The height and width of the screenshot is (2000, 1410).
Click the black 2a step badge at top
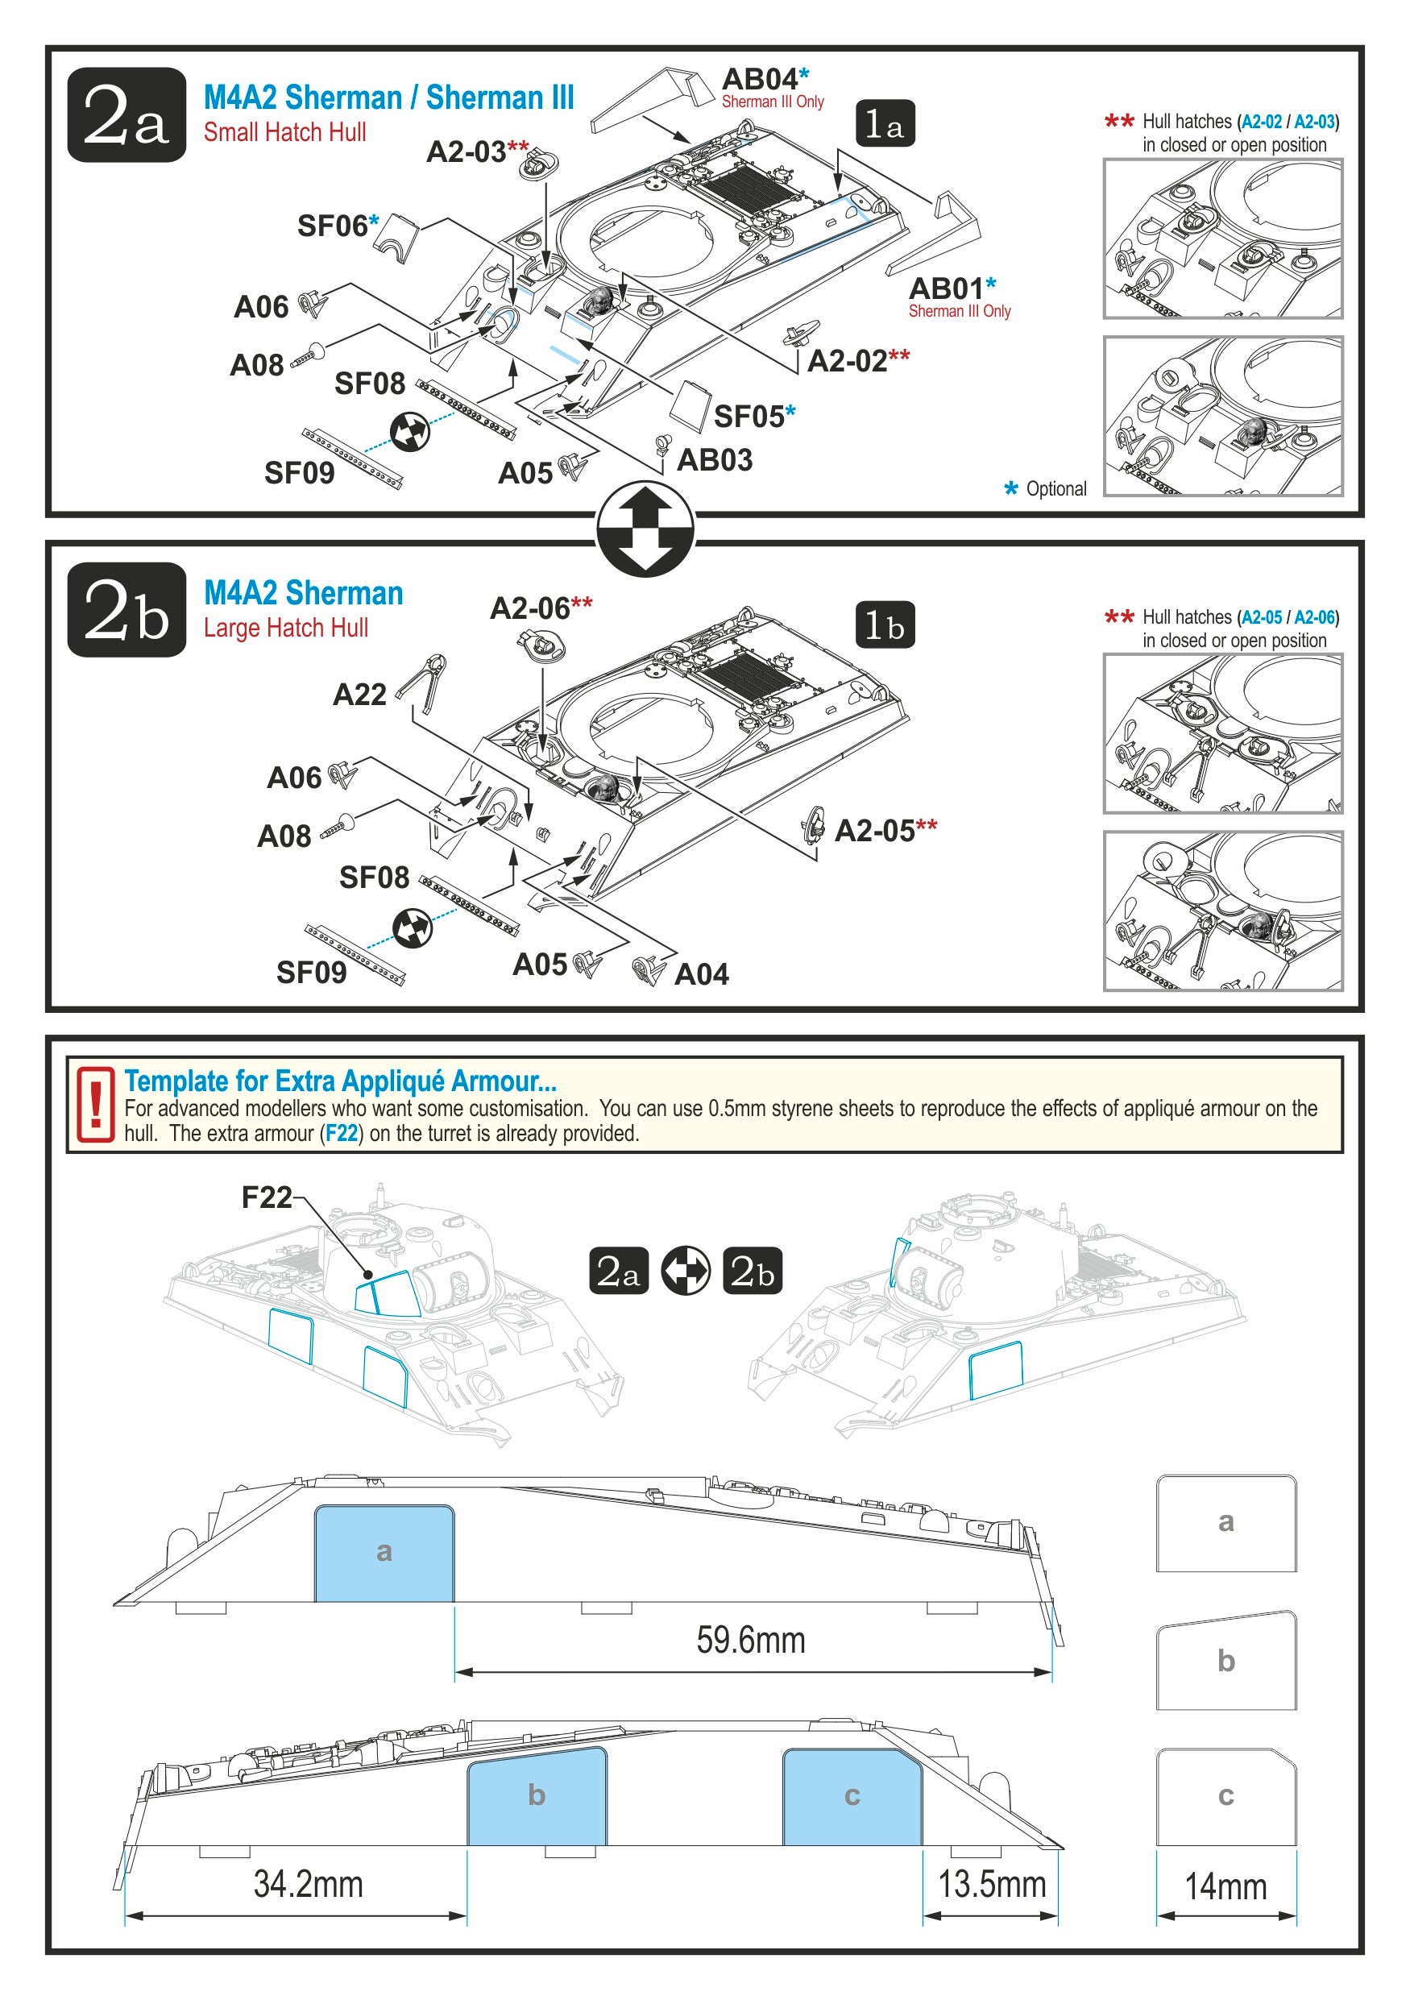(126, 114)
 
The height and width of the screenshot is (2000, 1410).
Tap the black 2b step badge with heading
(126, 610)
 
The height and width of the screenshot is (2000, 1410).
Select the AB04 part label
(760, 79)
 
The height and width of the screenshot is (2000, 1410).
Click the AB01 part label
(946, 288)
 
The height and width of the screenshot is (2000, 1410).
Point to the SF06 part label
(332, 226)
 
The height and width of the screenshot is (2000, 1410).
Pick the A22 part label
(359, 695)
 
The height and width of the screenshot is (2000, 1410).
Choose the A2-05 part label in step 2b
(874, 830)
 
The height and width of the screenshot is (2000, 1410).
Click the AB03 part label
(714, 460)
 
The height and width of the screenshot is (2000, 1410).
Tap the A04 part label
(701, 974)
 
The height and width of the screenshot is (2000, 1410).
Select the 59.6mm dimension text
(751, 1641)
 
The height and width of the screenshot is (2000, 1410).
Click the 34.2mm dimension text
(309, 1884)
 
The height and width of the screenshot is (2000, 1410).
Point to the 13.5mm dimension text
(991, 1884)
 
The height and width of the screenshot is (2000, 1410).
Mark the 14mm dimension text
(1225, 1886)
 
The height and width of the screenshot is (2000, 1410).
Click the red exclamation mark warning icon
(95, 1104)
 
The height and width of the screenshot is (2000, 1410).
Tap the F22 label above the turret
(266, 1197)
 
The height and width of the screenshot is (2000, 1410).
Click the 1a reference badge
(884, 124)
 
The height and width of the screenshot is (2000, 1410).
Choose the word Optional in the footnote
(1055, 488)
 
